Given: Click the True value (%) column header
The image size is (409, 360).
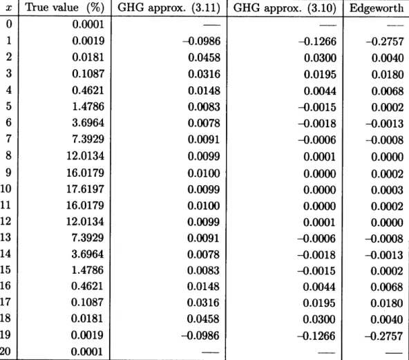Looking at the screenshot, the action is click(65, 8).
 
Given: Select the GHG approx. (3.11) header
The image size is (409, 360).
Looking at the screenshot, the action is click(169, 8).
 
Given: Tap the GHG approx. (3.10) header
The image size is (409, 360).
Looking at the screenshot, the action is click(285, 8).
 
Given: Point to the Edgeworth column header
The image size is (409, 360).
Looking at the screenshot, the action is click(377, 8).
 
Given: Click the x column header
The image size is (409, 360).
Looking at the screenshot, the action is click(8, 8).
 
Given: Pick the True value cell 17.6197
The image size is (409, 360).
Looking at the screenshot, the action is click(85, 189).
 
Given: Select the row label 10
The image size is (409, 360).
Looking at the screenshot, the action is click(6, 189).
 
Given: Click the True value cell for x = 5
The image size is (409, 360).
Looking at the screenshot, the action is click(88, 106).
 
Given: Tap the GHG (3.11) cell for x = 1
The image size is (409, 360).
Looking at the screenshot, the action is click(201, 41).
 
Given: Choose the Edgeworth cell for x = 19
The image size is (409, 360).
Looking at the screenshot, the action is click(383, 336).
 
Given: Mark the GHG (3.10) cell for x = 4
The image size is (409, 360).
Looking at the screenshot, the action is click(320, 91).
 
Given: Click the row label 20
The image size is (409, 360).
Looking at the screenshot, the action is click(6, 351).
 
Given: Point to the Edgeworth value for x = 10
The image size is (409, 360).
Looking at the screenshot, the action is click(387, 190).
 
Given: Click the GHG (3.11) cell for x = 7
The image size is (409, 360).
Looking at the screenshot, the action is click(204, 140).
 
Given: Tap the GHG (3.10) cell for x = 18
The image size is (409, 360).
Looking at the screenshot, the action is click(319, 319).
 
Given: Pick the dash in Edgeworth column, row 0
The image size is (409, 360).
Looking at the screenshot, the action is click(395, 26).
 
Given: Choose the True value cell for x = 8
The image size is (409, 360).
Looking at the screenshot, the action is click(85, 155).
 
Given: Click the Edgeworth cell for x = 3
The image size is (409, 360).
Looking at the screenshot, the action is click(388, 75).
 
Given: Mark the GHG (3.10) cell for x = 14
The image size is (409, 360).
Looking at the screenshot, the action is click(316, 255).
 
